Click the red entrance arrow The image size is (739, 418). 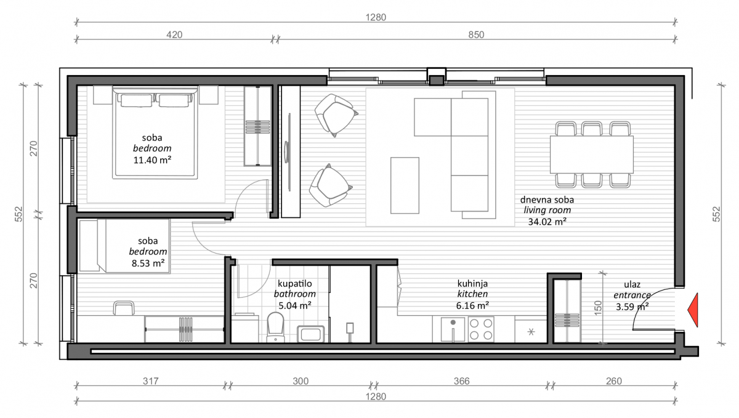[x=693, y=310]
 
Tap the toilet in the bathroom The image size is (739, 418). [x=275, y=327]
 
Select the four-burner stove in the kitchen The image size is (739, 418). [x=481, y=329]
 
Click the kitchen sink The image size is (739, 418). [x=453, y=329]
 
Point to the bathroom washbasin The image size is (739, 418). [x=310, y=334]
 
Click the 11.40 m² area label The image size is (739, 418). [x=152, y=160]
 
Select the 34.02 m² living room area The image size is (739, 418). [x=547, y=222]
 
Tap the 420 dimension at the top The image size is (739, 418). [x=174, y=34]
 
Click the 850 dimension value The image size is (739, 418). [x=476, y=34]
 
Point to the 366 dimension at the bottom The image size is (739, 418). [x=461, y=381]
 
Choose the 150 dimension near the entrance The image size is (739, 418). [x=597, y=308]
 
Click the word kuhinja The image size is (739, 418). [x=472, y=283]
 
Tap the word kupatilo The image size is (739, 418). [x=294, y=283]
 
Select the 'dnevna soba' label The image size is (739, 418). [x=547, y=199]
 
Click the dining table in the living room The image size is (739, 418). [x=592, y=155]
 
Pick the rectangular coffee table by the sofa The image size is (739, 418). [x=405, y=185]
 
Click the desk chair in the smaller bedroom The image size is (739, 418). [x=124, y=308]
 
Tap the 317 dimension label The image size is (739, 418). [x=150, y=381]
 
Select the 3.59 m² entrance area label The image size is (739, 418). [x=632, y=307]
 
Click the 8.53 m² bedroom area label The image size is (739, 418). [x=148, y=263]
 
